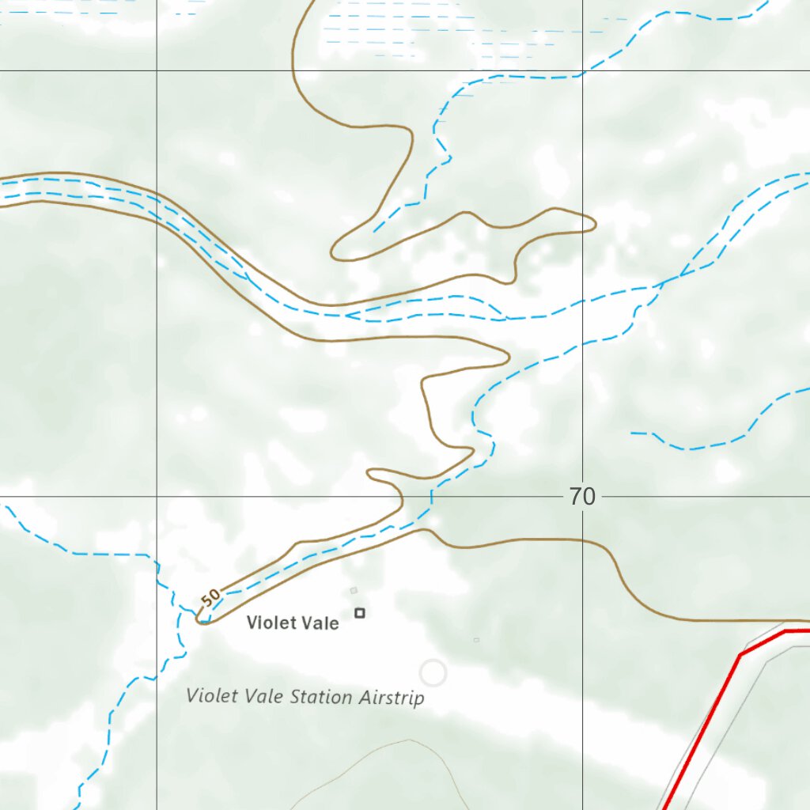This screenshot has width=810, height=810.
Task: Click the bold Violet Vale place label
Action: [x=293, y=623]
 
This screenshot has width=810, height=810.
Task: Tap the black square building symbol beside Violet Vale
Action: [x=360, y=612]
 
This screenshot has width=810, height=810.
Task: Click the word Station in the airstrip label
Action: [x=321, y=697]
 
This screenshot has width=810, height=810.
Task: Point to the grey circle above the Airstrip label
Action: [x=433, y=673]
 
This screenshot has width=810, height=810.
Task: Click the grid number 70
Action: [x=581, y=497]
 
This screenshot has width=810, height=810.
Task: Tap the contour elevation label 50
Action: [x=210, y=598]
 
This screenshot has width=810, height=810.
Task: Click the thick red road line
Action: [x=712, y=712]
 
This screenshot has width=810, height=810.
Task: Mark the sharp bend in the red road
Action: [x=741, y=654]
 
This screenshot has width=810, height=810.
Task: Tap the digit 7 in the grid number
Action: [x=575, y=497]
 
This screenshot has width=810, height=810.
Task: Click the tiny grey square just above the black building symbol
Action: [x=354, y=590]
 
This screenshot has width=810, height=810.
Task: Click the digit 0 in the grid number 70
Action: [x=588, y=497]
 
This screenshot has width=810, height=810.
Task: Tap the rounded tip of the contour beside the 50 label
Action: [x=199, y=619]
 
